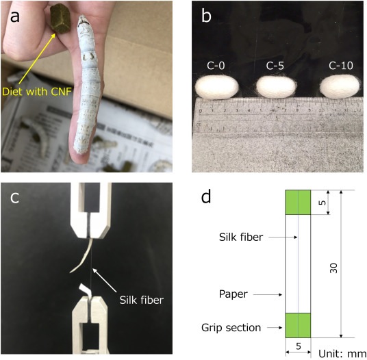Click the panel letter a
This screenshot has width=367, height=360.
15,17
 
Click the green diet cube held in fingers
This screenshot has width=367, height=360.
60,19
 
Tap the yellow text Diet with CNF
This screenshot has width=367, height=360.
37,92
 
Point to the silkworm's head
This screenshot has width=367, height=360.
83,22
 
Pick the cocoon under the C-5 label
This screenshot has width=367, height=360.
275,86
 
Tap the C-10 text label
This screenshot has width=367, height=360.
340,66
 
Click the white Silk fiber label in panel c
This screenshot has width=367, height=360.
141,300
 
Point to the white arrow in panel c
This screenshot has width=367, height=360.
105,281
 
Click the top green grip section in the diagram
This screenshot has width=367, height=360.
298,203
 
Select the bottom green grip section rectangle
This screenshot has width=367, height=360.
298,325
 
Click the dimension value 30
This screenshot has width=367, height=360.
333,268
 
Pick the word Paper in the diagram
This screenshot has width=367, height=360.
233,294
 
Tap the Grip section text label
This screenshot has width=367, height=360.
231,328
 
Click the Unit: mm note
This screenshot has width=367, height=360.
342,353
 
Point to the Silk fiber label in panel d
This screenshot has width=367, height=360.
241,237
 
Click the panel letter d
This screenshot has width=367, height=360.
206,196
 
